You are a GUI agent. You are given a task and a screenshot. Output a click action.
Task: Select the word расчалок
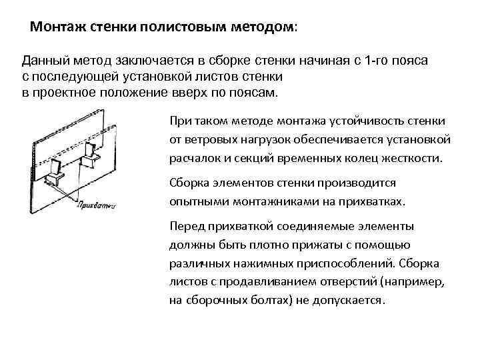click(196, 159)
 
